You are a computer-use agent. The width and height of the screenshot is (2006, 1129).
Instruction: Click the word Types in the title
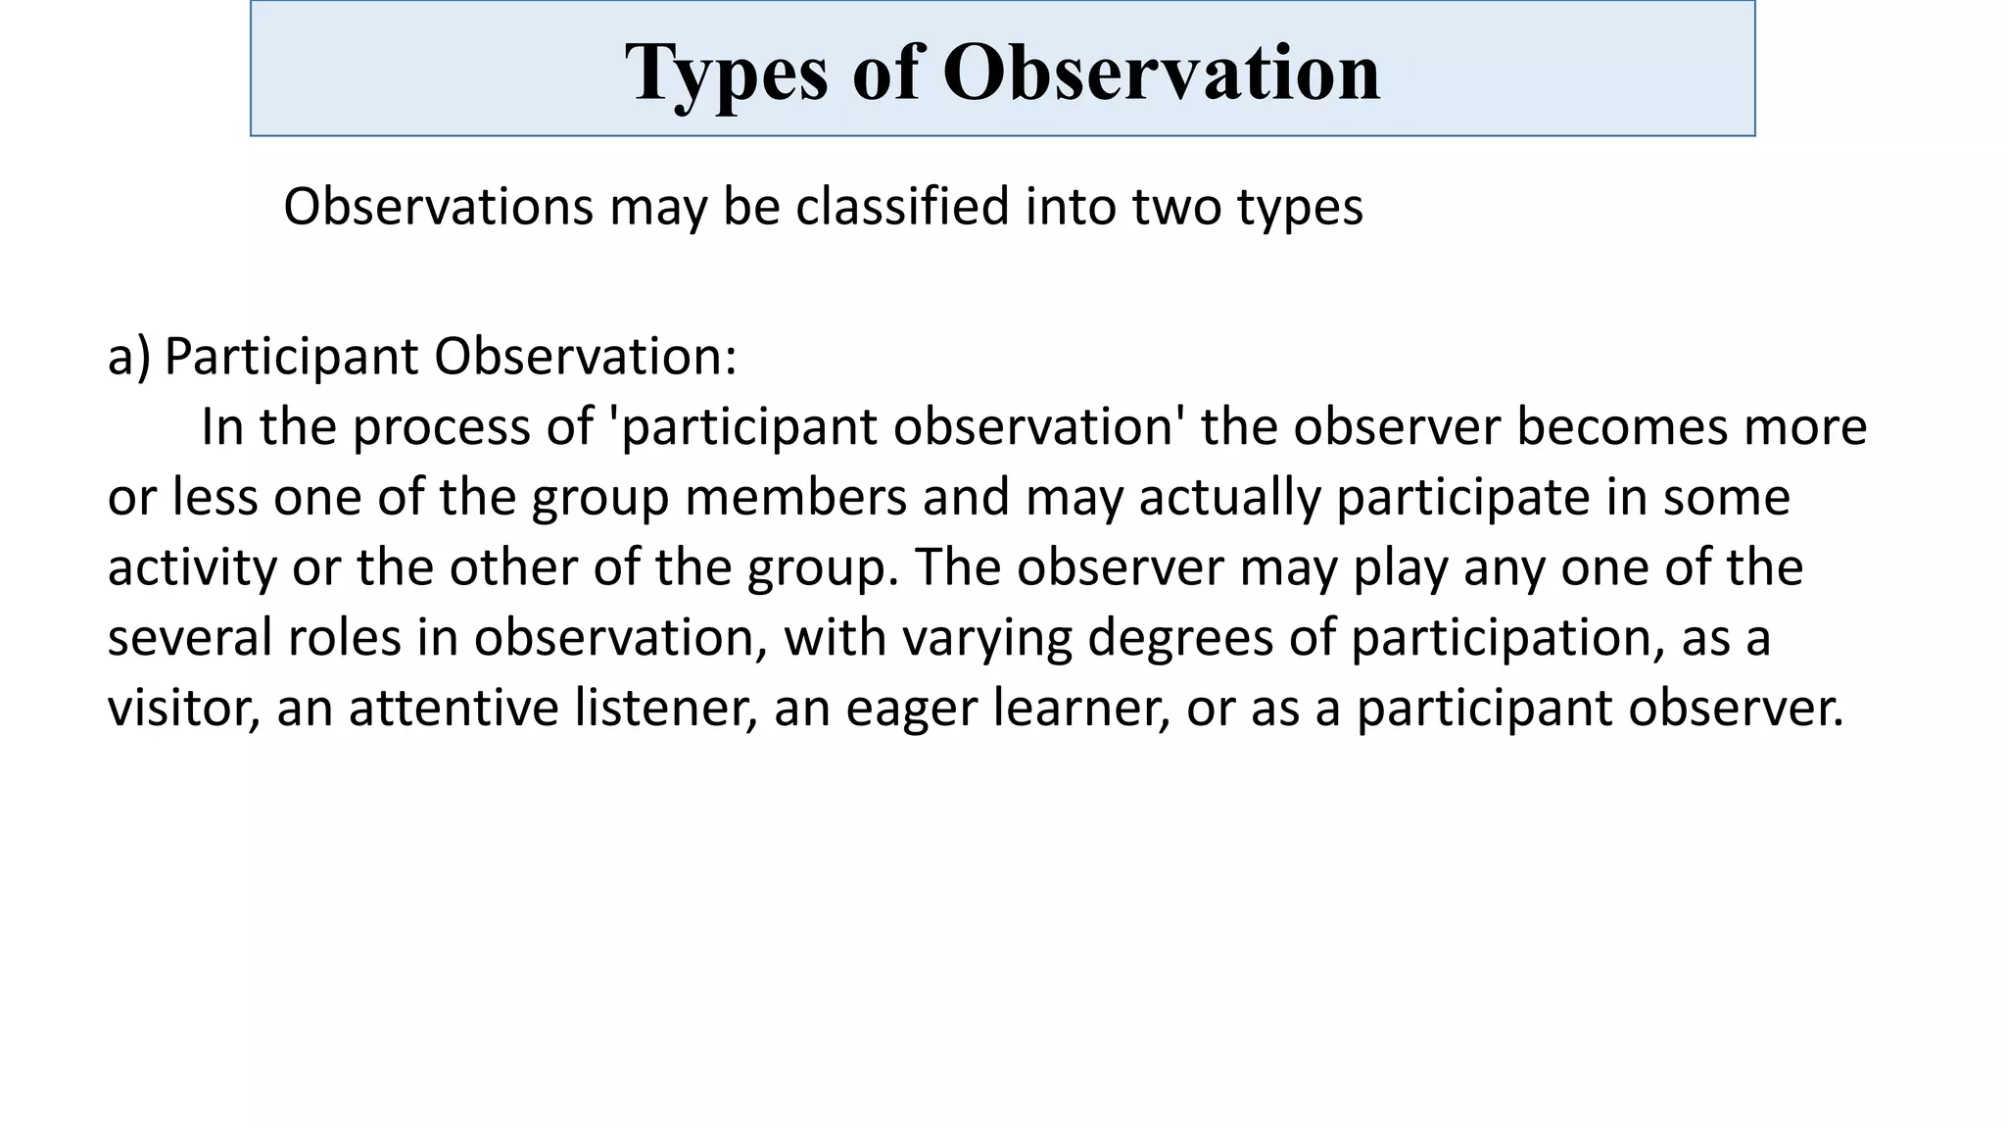pyautogui.click(x=726, y=74)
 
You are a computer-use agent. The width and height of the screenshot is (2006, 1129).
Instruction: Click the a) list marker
pyautogui.click(x=128, y=356)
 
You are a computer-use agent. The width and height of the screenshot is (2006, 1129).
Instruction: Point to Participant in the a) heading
pyautogui.click(x=291, y=356)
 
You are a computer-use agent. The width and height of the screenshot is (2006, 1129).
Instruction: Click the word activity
pyautogui.click(x=192, y=567)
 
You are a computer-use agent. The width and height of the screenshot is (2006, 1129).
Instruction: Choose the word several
pyautogui.click(x=189, y=637)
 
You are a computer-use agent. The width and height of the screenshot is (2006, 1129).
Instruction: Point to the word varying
pyautogui.click(x=986, y=637)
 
